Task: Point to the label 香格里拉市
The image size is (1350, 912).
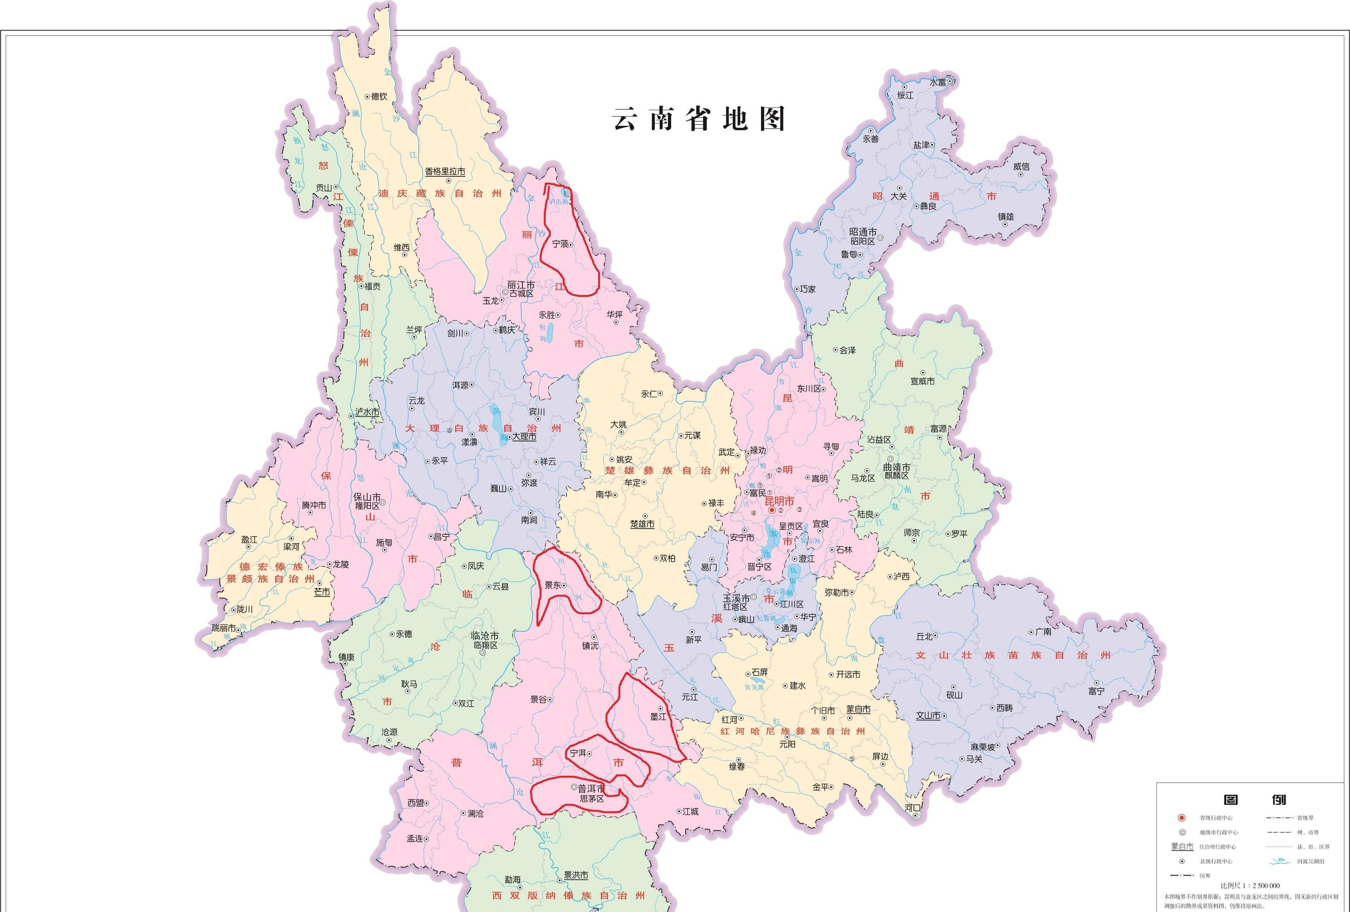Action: [445, 172]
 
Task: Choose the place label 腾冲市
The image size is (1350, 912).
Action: [314, 505]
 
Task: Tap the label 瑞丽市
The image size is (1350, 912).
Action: [224, 628]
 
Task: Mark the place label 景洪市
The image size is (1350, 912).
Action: [576, 876]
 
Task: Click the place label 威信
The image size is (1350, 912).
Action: [1021, 167]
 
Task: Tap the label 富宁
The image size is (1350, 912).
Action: [1096, 691]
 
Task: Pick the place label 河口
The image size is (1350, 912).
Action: [913, 808]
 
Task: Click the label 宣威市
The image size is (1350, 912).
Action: [922, 382]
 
